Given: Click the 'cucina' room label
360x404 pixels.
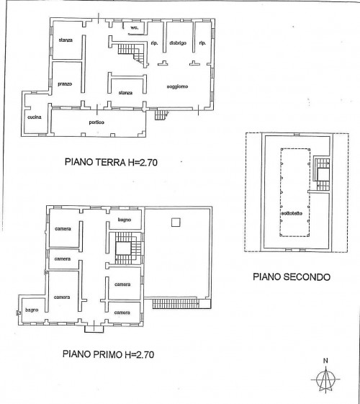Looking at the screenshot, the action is click(x=35, y=117).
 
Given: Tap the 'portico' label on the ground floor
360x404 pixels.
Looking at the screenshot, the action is click(x=96, y=122).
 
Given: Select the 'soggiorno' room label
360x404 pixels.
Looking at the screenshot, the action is click(x=177, y=86).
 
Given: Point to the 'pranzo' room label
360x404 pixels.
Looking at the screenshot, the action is click(x=65, y=84).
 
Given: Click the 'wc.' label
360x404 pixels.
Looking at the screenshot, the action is click(x=134, y=27).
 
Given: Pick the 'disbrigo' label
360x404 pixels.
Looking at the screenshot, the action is click(x=178, y=43).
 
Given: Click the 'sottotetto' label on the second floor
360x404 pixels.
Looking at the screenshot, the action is click(x=292, y=213).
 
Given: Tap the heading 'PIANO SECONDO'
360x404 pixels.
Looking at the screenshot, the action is click(x=292, y=277).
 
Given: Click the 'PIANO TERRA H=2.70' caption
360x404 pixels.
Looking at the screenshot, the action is click(x=111, y=162).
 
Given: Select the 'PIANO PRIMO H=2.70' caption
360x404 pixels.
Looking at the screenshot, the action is click(x=109, y=354).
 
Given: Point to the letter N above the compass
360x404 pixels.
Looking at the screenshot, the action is click(x=325, y=361).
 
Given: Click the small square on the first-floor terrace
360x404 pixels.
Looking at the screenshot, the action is click(x=176, y=222).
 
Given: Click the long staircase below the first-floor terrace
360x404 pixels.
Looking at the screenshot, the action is click(x=176, y=303).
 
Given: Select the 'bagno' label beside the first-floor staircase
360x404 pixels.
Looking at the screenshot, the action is click(x=125, y=220).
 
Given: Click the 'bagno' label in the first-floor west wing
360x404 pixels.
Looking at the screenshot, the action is click(x=32, y=310).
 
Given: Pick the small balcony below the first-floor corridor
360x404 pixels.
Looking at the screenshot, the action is click(x=94, y=329).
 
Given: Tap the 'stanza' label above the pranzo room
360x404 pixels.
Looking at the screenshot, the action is click(x=66, y=40).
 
